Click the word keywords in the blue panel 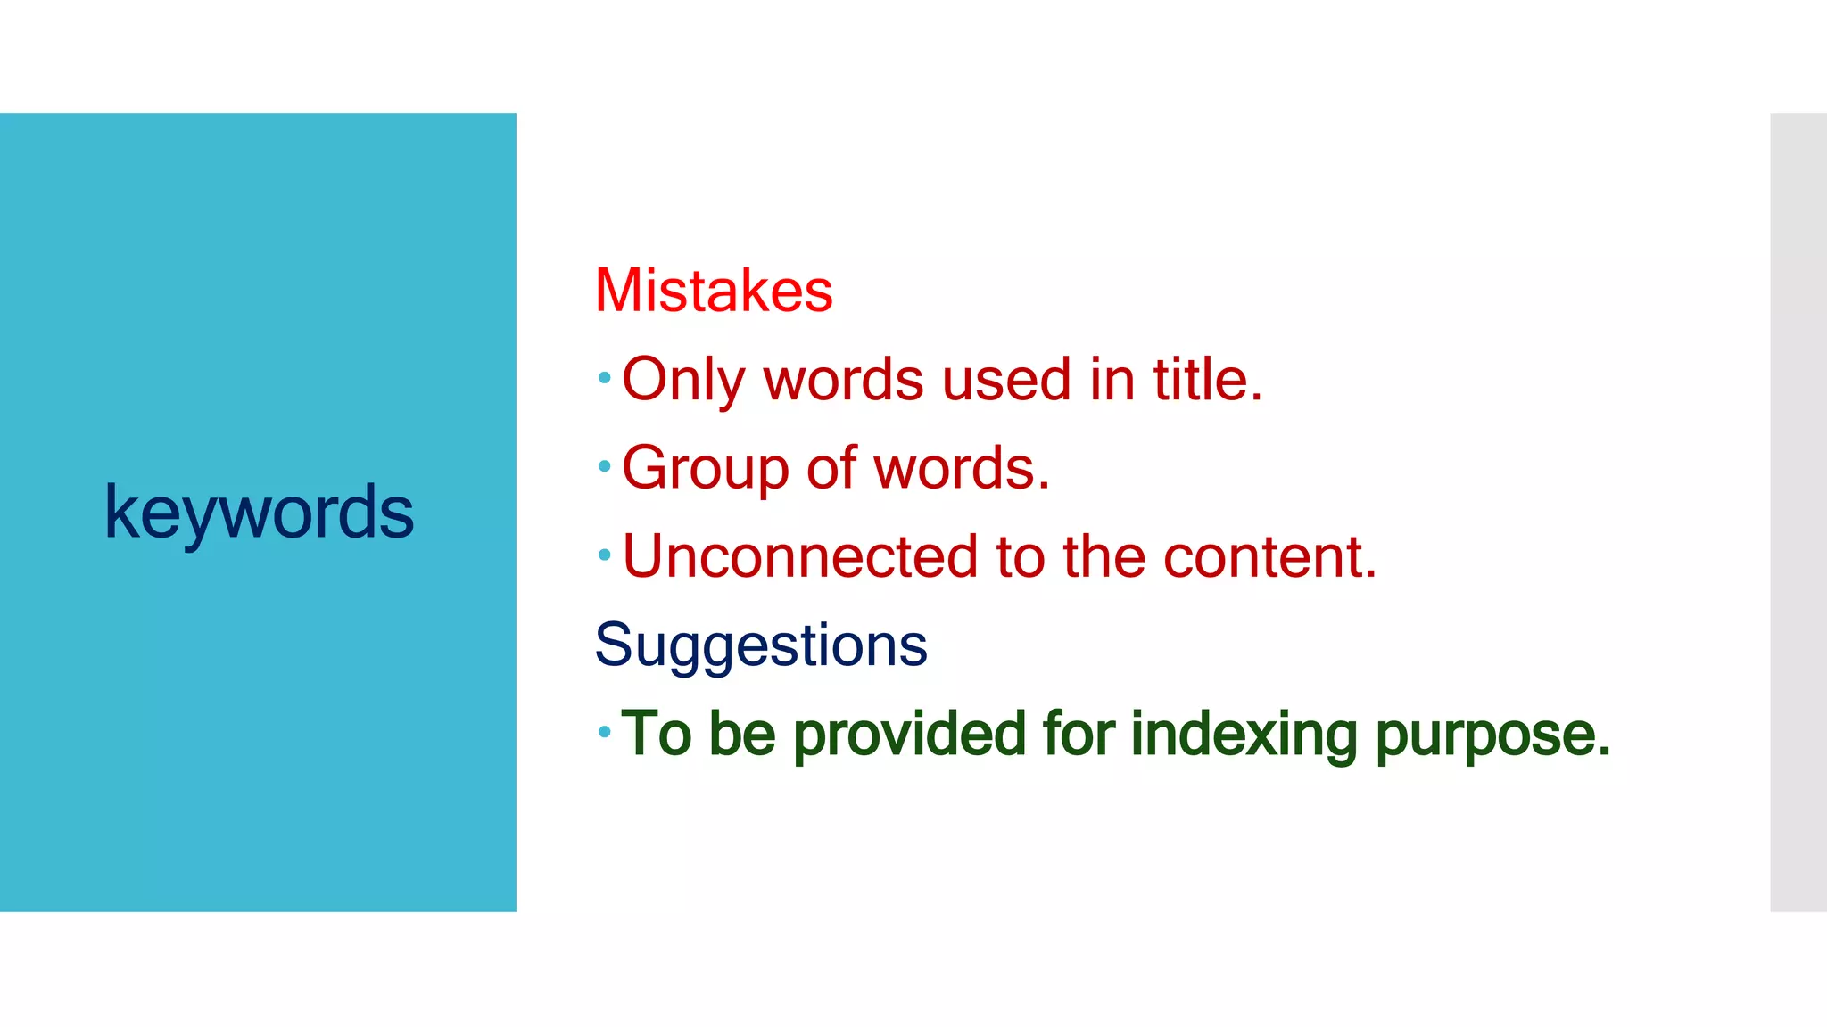pyautogui.click(x=259, y=513)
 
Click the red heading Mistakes pyautogui.click(x=714, y=291)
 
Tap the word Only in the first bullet pyautogui.click(x=682, y=381)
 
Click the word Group pyautogui.click(x=705, y=469)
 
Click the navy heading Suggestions pyautogui.click(x=761, y=645)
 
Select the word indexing pyautogui.click(x=1244, y=734)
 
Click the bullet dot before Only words pyautogui.click(x=604, y=378)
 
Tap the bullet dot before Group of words pyautogui.click(x=604, y=466)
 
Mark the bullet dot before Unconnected pyautogui.click(x=604, y=555)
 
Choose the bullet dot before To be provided pyautogui.click(x=604, y=732)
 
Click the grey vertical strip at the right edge pyautogui.click(x=1798, y=513)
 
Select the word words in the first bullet pyautogui.click(x=843, y=379)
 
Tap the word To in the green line pyautogui.click(x=657, y=734)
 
